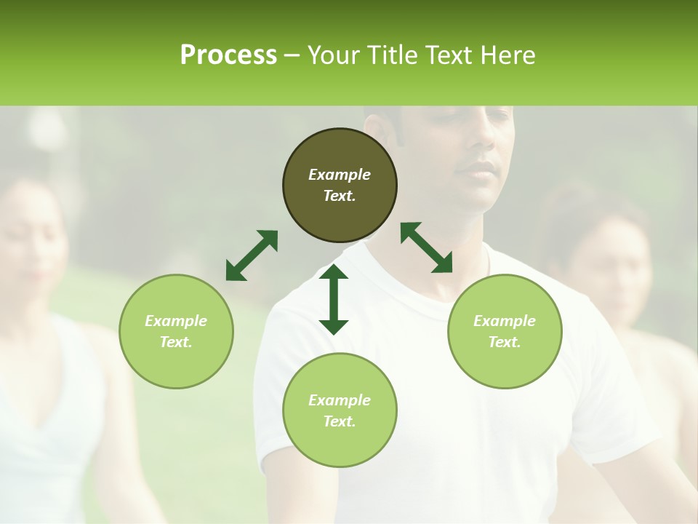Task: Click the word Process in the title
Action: click(228, 55)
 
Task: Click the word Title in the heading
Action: click(388, 55)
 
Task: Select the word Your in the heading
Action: click(334, 55)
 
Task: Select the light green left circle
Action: click(176, 331)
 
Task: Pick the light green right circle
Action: click(505, 331)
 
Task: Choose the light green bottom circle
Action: click(340, 410)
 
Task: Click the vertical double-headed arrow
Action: click(334, 299)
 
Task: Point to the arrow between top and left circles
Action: click(252, 255)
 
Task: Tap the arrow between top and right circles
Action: click(427, 247)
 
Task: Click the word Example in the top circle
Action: click(340, 175)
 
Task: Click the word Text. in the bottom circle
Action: click(340, 421)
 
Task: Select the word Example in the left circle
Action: click(176, 321)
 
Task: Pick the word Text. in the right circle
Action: click(505, 342)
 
